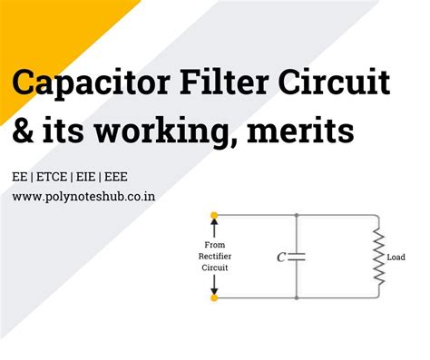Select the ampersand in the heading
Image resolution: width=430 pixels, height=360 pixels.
(26, 134)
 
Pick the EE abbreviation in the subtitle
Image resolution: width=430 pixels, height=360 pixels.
(20, 175)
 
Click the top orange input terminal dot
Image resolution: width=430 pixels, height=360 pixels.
(214, 216)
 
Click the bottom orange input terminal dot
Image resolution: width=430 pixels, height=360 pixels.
(214, 297)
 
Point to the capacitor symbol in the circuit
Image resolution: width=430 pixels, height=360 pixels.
(297, 257)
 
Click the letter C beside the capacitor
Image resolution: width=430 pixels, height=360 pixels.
(281, 257)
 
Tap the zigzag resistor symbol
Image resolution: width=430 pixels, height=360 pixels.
(378, 257)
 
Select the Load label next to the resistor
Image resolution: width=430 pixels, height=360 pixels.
(396, 257)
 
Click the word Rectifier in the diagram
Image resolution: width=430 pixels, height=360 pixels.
(215, 256)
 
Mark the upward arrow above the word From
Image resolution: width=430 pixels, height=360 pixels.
(215, 228)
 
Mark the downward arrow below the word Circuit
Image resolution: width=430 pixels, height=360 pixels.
(215, 284)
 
